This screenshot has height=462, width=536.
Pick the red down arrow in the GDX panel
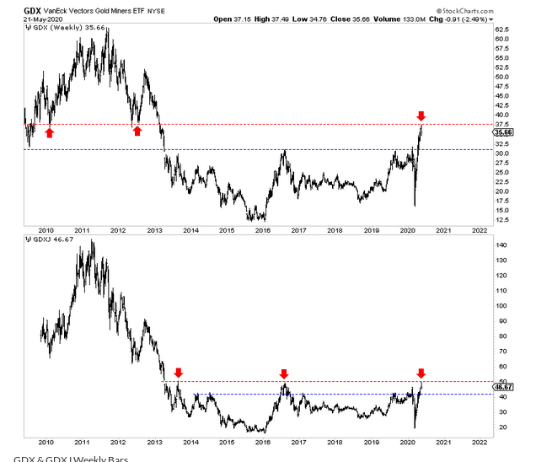[421, 115]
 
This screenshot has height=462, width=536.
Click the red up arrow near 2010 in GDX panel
[50, 131]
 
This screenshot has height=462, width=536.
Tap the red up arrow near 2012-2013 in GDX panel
[137, 131]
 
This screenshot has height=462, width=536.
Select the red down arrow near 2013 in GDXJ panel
[178, 373]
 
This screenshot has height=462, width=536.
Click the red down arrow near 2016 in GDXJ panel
[285, 373]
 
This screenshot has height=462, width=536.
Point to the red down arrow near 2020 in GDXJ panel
[421, 373]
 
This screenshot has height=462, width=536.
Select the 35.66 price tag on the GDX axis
[501, 132]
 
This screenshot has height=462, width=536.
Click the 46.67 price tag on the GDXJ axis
[501, 386]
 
